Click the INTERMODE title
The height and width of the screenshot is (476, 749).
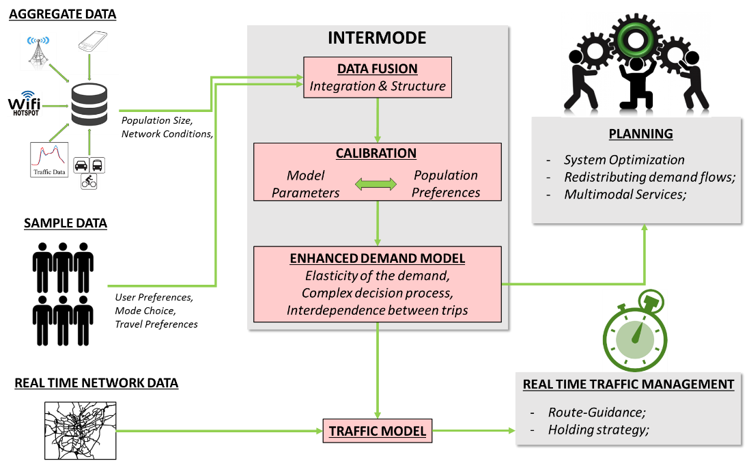point(377,38)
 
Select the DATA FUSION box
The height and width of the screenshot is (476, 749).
point(378,78)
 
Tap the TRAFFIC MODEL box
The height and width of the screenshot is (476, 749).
point(377,432)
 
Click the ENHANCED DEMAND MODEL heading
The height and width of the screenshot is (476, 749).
point(377,258)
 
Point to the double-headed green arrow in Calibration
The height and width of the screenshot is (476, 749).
point(377,184)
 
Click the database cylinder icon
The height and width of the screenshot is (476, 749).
point(89,104)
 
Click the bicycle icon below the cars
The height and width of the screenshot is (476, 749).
point(89,181)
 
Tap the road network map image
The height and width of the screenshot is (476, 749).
point(81,430)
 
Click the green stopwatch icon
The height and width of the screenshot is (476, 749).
point(635,331)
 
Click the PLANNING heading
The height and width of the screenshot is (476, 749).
point(641,134)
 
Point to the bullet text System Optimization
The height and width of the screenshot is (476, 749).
point(623,160)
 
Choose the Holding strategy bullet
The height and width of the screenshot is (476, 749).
point(597,430)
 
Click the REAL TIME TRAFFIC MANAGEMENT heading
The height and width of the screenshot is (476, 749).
point(628,384)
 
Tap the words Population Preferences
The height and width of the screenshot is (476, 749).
point(446,184)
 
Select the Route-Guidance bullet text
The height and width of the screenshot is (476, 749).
point(596,412)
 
